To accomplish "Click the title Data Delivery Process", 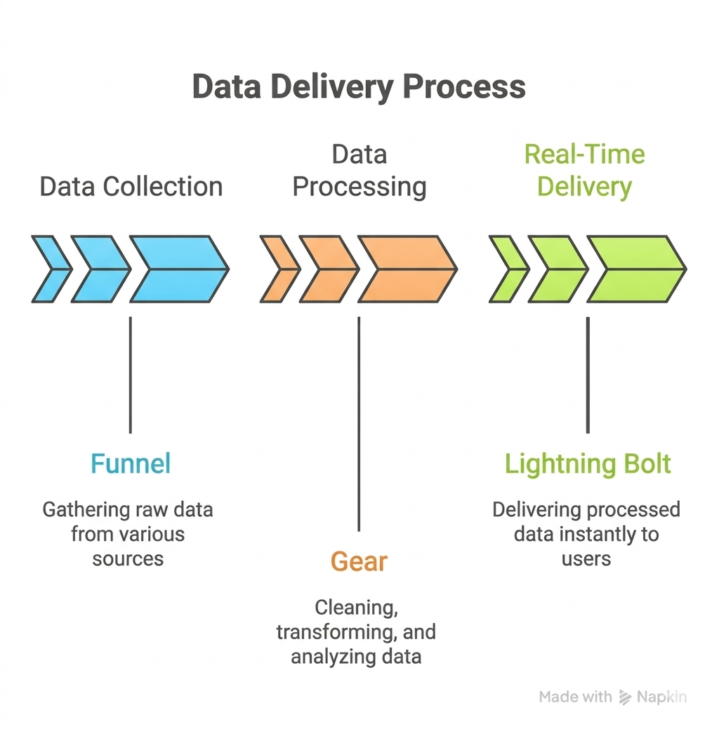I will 359,87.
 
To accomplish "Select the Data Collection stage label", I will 131,187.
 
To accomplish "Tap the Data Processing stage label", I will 359,171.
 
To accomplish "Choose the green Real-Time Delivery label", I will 584,171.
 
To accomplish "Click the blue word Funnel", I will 131,464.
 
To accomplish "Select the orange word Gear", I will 359,562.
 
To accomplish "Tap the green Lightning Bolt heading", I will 588,464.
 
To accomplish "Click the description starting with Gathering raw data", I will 128,534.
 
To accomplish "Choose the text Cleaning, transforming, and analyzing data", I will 356,631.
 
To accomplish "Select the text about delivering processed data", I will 586,534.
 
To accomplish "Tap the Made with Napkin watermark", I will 612,697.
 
